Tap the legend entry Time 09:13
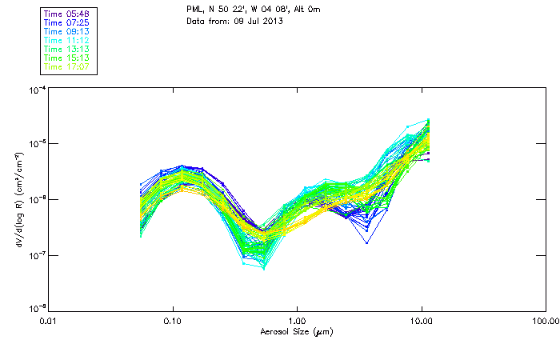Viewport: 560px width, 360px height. tap(67, 32)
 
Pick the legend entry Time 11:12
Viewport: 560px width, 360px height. tap(67, 41)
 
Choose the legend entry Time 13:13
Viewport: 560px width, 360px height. tap(67, 50)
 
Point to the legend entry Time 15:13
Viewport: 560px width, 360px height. tap(67, 58)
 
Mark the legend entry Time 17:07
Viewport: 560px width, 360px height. tap(67, 66)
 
